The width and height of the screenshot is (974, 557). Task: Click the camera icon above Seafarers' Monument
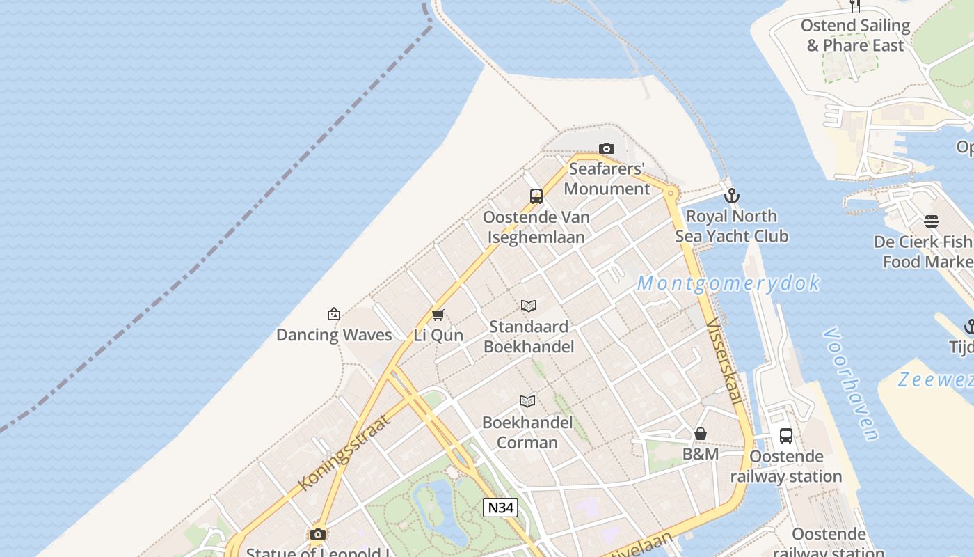coord(607,149)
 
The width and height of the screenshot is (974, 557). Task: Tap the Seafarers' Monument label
coord(607,179)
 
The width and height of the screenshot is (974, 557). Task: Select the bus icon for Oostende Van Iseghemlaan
coord(536,196)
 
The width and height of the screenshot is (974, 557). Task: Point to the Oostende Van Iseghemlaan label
coord(536,226)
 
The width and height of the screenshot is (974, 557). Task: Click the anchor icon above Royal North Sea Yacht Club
coord(731,196)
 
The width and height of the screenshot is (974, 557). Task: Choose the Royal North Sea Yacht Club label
coord(732,226)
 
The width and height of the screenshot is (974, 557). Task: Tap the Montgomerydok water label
coord(728,283)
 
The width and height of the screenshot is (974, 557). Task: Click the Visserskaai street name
coord(724,361)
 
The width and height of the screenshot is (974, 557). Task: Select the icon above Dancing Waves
coord(334,314)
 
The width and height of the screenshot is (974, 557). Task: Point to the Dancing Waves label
coord(334,335)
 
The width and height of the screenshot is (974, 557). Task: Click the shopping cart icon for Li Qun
coord(438,315)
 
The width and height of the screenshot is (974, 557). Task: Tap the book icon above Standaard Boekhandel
coord(529,306)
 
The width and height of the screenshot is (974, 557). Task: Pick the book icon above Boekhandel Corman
coord(527,401)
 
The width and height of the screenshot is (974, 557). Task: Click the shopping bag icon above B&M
coord(701,434)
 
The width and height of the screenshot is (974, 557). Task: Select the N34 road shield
coord(500,508)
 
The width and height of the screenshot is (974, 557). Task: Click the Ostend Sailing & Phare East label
coord(855,36)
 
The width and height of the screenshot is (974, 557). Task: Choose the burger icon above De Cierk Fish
coord(932,221)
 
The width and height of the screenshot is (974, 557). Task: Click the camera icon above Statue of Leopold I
coord(318,534)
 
